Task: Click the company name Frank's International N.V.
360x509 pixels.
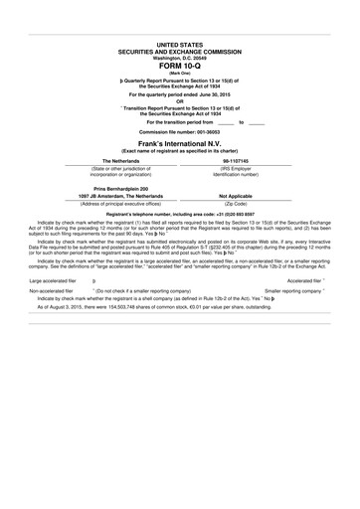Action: coord(179,140)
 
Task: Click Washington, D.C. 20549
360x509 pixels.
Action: coord(179,58)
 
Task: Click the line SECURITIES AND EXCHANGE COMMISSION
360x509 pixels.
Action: coord(179,52)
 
